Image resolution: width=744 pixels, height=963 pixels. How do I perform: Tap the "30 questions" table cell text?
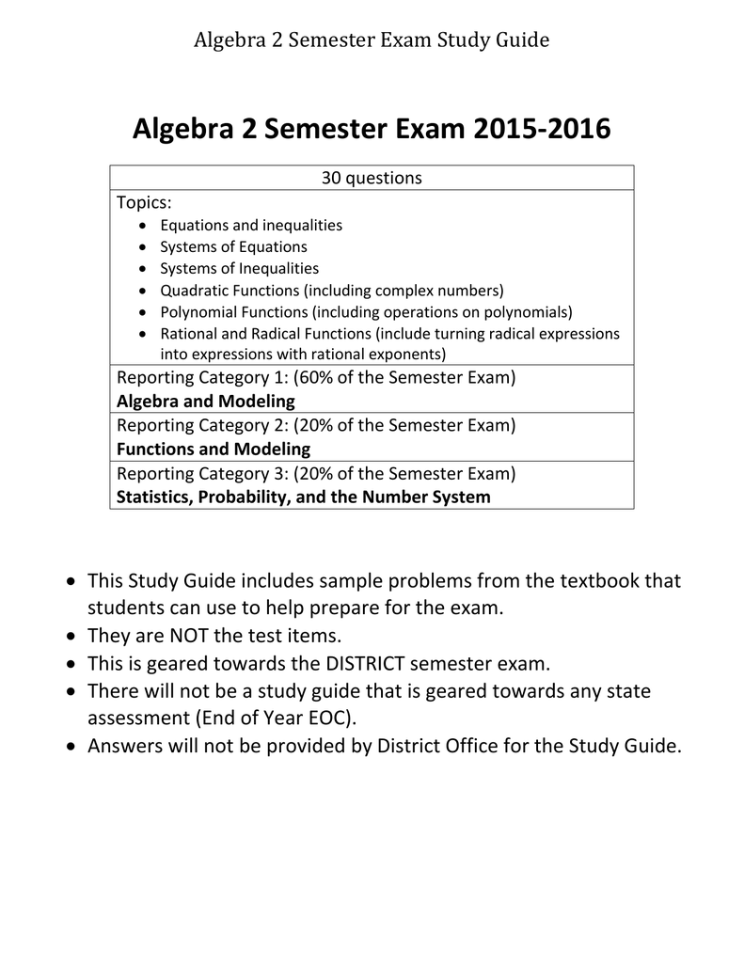(x=372, y=178)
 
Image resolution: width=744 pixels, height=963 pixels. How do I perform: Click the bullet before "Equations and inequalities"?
(x=142, y=226)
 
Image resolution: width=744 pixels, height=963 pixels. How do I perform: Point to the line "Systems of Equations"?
(x=233, y=246)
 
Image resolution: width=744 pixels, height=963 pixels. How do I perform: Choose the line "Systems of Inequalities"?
(x=239, y=268)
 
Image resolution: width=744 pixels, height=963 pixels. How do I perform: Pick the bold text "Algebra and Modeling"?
(x=205, y=402)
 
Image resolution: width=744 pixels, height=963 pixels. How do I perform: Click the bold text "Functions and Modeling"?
(x=213, y=449)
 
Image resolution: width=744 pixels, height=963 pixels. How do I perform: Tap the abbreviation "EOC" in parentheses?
(x=334, y=718)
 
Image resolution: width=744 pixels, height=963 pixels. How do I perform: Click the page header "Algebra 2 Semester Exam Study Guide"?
(x=372, y=39)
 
